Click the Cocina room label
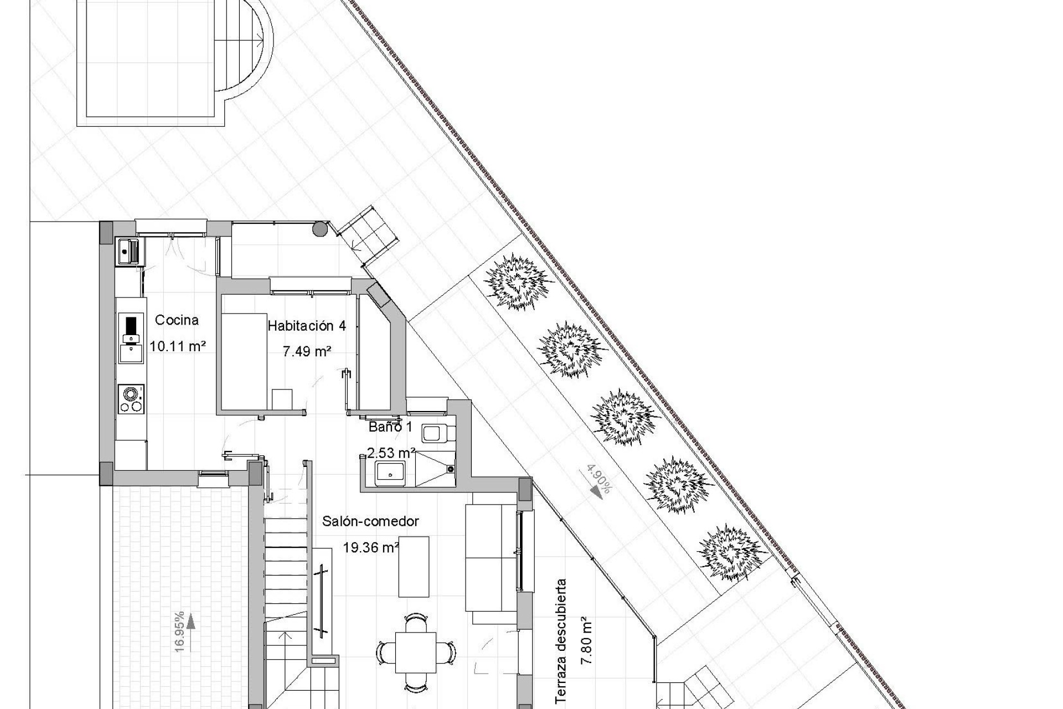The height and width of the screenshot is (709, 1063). pos(177,320)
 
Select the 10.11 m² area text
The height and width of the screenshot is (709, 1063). pos(178,347)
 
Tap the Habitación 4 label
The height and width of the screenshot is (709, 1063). pos(307,326)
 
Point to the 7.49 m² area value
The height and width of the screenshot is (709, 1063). pos(307,351)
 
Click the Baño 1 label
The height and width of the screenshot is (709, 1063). pos(390,427)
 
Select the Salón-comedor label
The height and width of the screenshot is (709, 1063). pos(370,521)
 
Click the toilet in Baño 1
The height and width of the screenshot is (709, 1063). pos(437,433)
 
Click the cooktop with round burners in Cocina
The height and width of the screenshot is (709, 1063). pos(131,399)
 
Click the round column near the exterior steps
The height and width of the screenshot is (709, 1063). pos(319,228)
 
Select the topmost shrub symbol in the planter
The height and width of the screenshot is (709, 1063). pos(518,282)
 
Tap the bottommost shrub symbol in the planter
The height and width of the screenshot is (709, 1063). pos(732,552)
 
